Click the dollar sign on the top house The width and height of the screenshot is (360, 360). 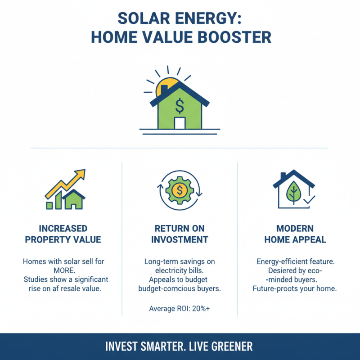[x=180, y=107]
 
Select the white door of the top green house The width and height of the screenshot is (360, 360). [x=180, y=123]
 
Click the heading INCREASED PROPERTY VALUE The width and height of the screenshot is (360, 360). [x=63, y=234]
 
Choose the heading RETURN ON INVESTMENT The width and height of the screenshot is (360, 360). [x=180, y=234]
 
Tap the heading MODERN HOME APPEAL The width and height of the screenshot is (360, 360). [x=295, y=234]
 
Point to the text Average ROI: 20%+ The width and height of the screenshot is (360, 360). [x=180, y=308]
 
